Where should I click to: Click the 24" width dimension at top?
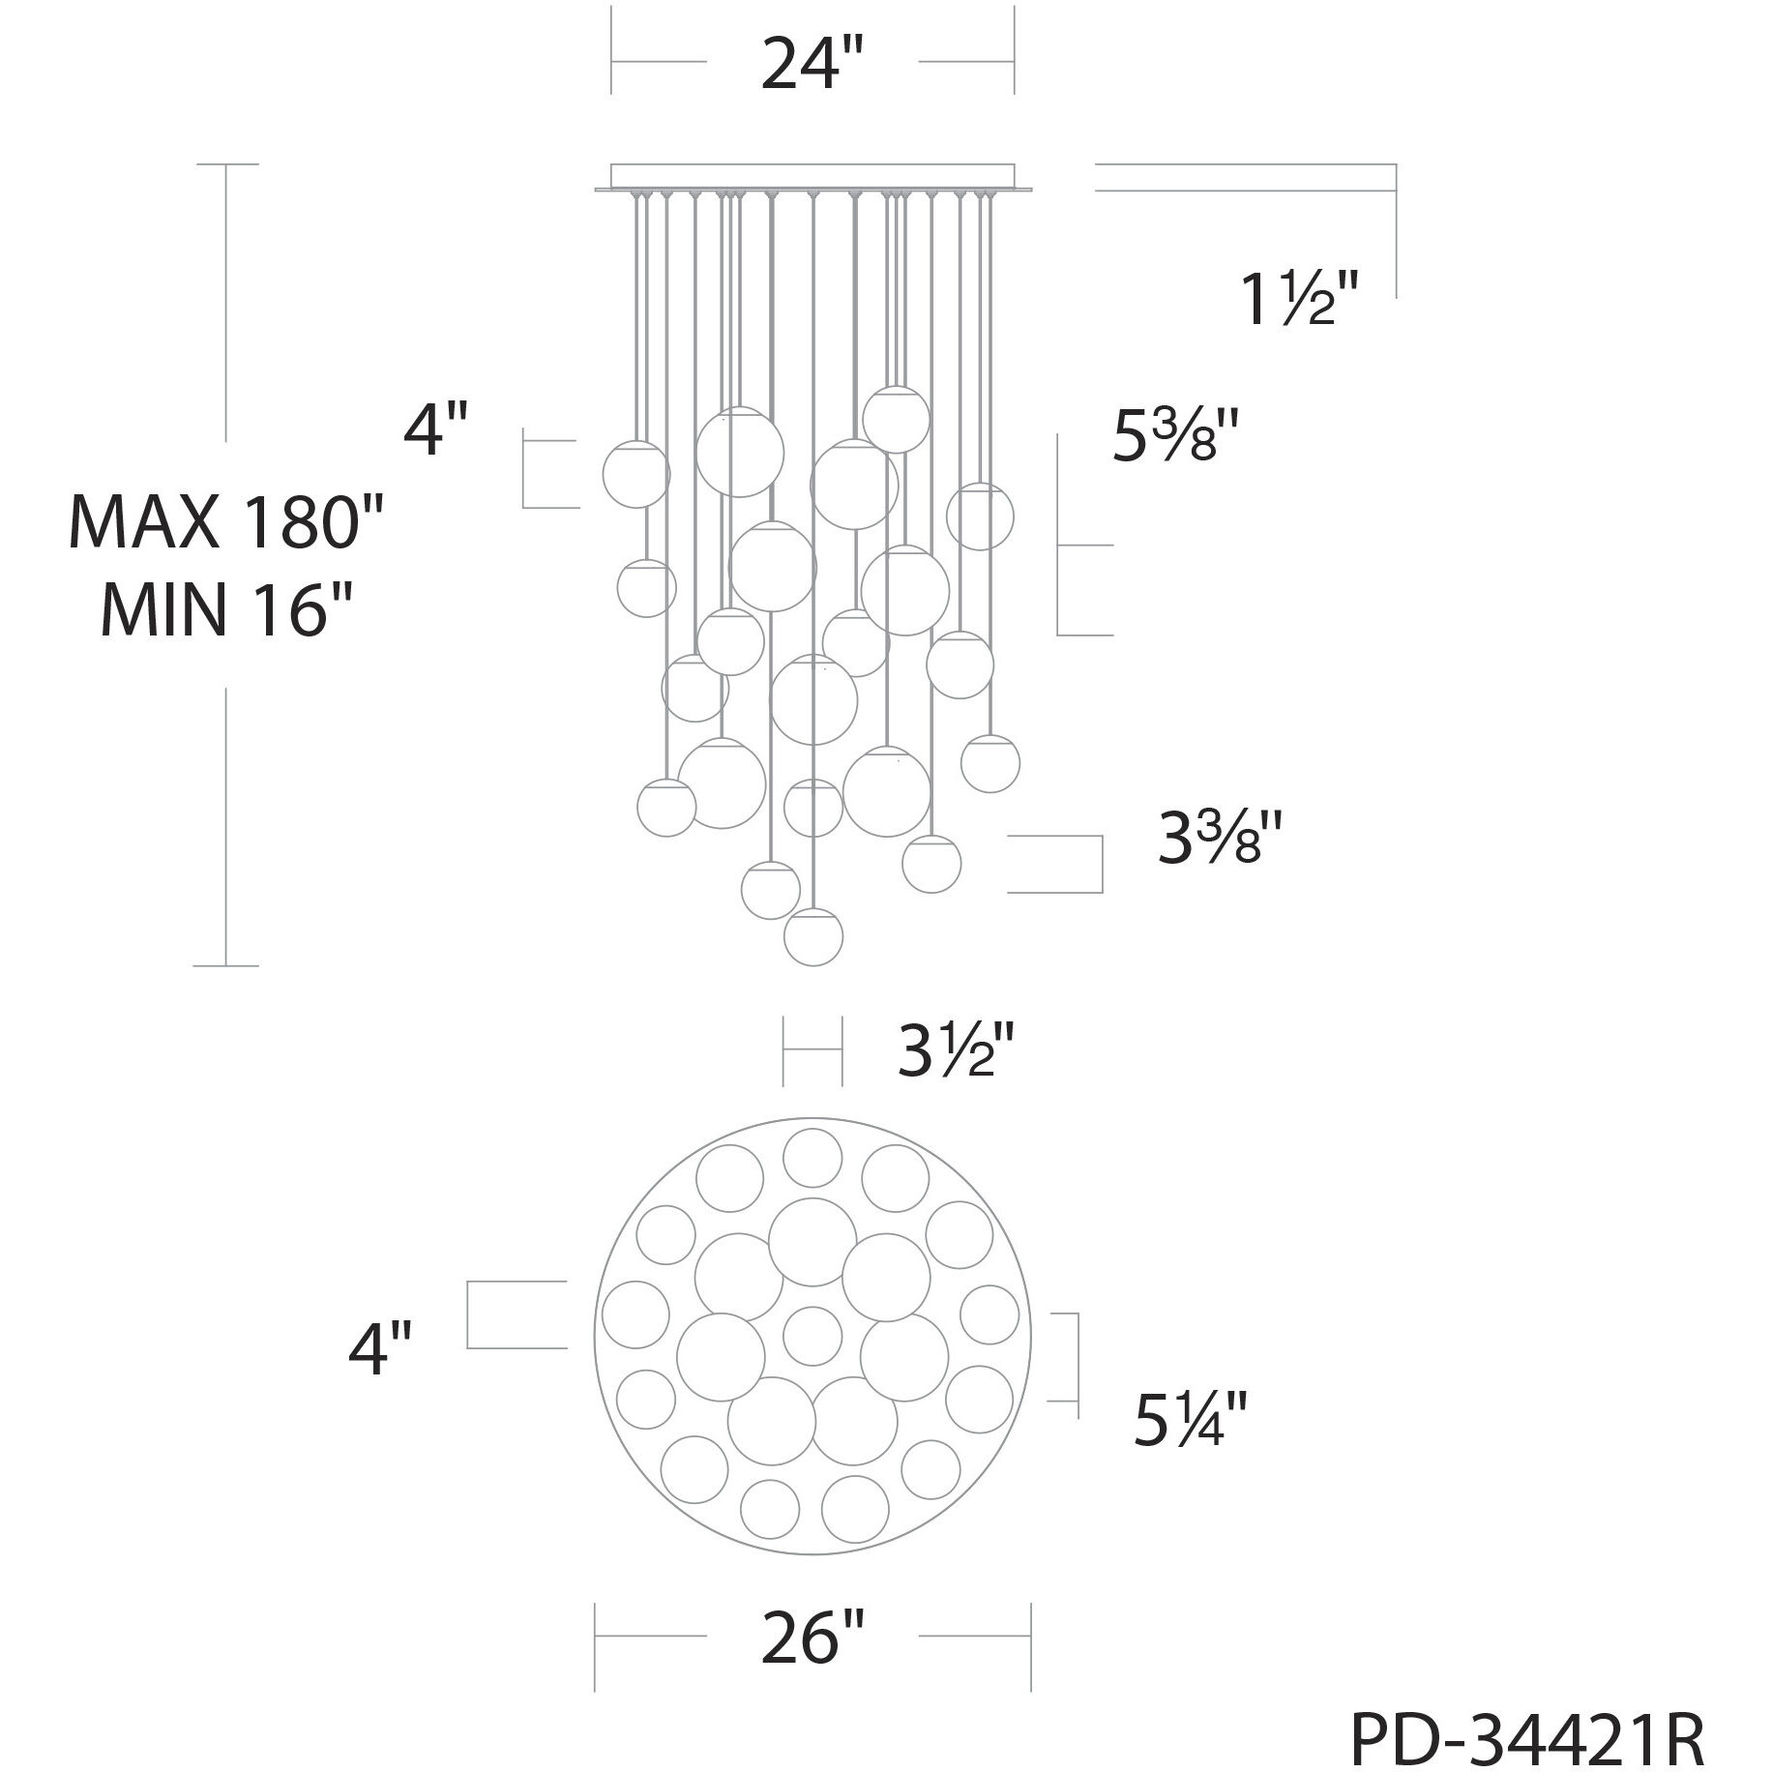coord(811,63)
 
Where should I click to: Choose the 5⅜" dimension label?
coord(1174,437)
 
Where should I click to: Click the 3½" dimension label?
coord(956,1052)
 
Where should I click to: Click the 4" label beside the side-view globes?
coord(436,429)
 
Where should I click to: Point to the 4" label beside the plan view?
coord(381,1349)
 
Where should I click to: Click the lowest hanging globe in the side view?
coord(812,937)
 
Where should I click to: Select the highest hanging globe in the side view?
coord(897,419)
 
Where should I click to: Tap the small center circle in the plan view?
coord(812,1336)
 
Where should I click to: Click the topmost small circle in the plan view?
coord(812,1158)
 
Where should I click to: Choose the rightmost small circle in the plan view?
coord(989,1315)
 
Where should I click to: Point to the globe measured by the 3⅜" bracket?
coord(931,863)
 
